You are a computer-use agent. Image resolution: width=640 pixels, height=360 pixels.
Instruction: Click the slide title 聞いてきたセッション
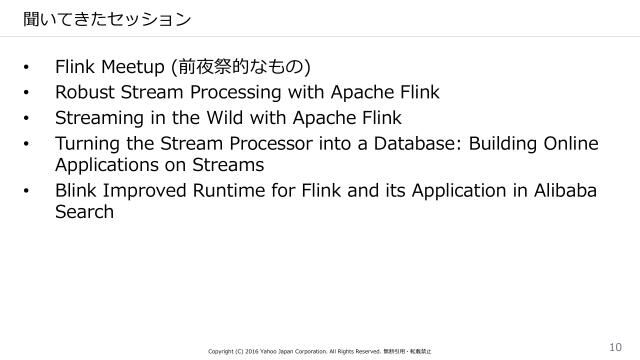[x=94, y=18]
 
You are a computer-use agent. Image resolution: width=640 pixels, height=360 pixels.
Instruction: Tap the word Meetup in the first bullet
[x=134, y=67]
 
